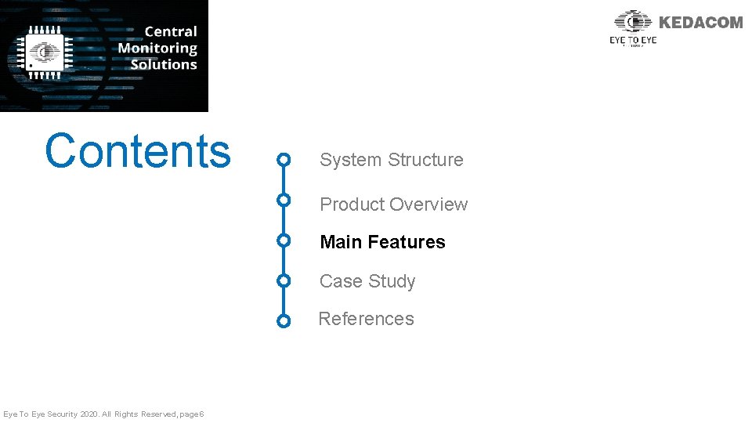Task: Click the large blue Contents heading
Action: click(138, 151)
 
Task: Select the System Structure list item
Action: click(391, 160)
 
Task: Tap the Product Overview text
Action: click(393, 204)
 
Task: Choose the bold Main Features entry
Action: click(382, 242)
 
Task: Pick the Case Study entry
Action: click(367, 281)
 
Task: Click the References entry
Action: click(366, 319)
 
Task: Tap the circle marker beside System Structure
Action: click(284, 161)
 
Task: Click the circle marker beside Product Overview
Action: click(284, 200)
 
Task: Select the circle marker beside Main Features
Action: click(284, 240)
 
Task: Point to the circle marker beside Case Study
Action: click(284, 280)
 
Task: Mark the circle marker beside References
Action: click(284, 320)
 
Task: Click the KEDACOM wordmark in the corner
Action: click(700, 23)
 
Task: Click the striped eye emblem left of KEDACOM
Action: click(633, 22)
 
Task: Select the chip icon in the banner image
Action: click(45, 52)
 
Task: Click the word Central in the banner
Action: click(170, 31)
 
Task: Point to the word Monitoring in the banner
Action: click(157, 48)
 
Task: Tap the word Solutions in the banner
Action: click(163, 64)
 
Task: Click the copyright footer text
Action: click(103, 414)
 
